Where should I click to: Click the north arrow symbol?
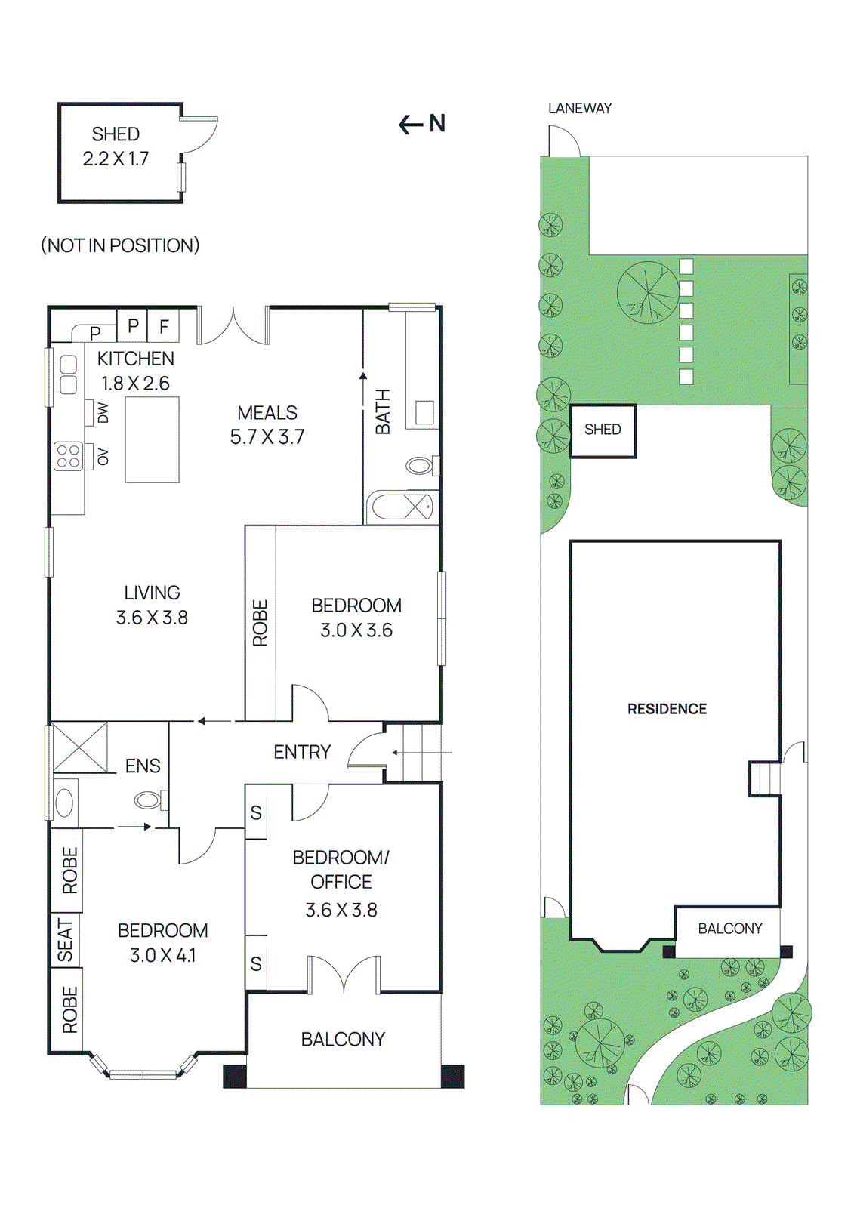(421, 124)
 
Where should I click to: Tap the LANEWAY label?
(579, 109)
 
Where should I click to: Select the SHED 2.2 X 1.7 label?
(116, 146)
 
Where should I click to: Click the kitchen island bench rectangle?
(152, 439)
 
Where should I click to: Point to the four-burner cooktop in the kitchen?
(68, 457)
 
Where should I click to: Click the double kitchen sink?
(68, 374)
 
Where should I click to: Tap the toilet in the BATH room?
(421, 465)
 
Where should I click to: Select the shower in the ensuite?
(79, 747)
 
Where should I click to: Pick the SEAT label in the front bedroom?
(66, 940)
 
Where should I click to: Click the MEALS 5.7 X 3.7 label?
(267, 424)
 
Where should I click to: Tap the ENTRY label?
(302, 752)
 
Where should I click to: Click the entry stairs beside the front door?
(422, 753)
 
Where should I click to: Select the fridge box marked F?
(163, 327)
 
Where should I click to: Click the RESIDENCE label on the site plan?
(667, 709)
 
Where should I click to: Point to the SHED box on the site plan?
(603, 430)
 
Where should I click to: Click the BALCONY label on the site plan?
(729, 929)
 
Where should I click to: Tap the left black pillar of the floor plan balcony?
(235, 1076)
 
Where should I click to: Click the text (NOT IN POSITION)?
(120, 245)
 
